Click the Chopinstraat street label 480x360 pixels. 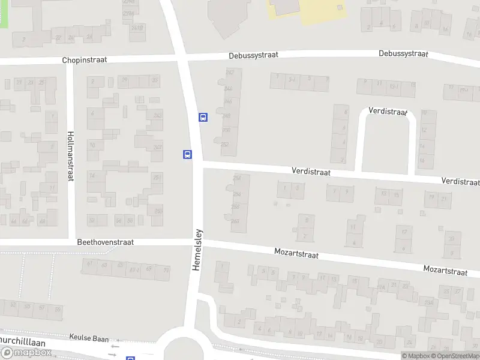pos(89,61)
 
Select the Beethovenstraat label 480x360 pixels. pos(105,242)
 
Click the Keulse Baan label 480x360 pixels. pos(89,338)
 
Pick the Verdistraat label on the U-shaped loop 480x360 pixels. pos(388,111)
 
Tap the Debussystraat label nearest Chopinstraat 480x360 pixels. pos(253,55)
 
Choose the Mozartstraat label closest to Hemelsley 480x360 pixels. pos(296,254)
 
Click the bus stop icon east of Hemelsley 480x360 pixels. pos(203,118)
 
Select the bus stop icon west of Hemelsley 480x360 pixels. pos(187,154)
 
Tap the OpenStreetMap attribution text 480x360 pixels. pos(456,356)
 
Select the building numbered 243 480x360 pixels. pos(158,115)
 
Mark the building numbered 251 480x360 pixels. pos(157,178)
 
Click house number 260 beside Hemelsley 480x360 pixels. pos(235,221)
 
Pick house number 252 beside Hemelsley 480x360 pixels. pos(225,145)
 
